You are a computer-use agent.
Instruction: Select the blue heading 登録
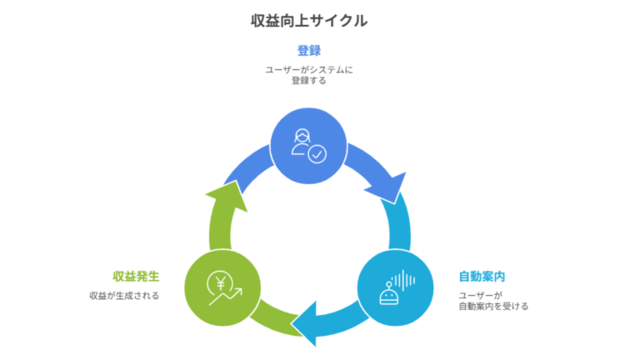309,50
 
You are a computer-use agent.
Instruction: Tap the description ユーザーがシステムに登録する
309,75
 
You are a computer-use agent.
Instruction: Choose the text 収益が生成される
124,296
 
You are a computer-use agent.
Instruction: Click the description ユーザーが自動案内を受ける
493,301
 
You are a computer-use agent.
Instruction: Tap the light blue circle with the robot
395,288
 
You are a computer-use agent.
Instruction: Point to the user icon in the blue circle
302,142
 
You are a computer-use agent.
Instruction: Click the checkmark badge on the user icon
317,154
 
